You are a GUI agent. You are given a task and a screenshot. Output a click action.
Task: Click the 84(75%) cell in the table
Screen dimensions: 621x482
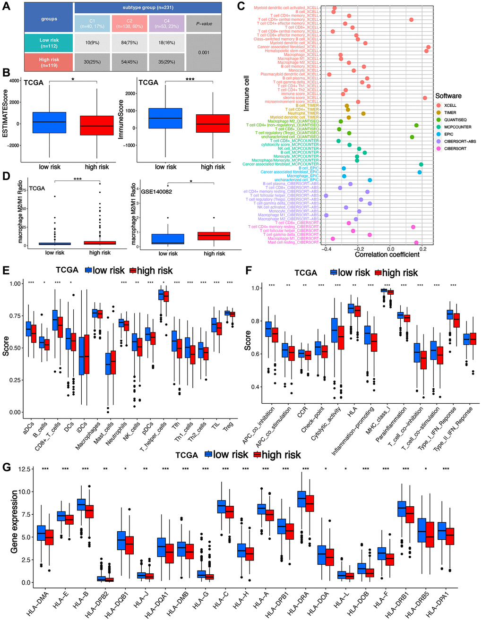coord(129,43)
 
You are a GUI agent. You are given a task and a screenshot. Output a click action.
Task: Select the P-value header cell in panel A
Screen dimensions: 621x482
coord(204,24)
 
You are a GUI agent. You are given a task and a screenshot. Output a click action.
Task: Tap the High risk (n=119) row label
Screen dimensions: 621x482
coord(49,62)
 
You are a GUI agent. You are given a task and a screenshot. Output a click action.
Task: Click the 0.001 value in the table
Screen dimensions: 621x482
coord(204,52)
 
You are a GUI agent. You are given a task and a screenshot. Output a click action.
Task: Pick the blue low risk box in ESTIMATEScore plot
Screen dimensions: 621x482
coord(50,123)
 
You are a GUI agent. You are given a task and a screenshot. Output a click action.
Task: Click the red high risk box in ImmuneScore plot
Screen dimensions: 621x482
coord(213,123)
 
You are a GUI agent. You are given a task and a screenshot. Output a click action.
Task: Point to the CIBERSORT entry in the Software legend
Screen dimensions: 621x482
coord(455,148)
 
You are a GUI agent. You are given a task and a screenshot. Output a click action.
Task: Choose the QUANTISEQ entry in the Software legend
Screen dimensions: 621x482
coord(455,120)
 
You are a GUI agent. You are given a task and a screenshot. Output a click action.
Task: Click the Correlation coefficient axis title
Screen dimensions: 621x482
coord(387,255)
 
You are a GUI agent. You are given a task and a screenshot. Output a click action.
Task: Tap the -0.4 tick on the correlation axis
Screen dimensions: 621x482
coord(326,248)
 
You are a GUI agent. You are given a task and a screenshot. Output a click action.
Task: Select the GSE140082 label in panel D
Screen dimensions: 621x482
coord(156,192)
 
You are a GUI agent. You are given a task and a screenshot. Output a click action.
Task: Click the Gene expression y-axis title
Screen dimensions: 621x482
coord(14,521)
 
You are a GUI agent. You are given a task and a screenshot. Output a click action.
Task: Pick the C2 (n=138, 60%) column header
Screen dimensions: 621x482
coord(129,24)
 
